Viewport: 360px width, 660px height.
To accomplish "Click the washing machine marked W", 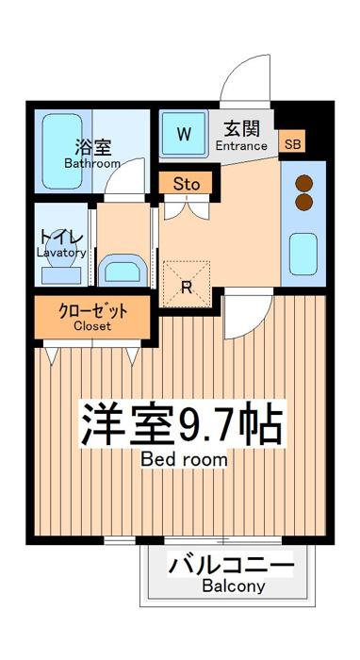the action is [184, 134].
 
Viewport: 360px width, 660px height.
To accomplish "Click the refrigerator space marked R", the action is [187, 284].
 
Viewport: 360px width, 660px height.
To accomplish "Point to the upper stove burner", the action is [303, 184].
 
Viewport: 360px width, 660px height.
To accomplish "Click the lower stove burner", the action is [303, 202].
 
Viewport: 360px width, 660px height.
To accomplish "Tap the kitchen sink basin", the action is [303, 255].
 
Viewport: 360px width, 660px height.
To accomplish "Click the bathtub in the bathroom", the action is [62, 151].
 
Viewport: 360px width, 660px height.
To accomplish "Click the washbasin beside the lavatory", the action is [122, 270].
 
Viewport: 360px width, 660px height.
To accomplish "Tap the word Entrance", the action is [241, 146].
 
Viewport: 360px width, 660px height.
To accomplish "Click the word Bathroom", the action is [92, 163].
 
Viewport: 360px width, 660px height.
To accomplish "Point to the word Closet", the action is [92, 326].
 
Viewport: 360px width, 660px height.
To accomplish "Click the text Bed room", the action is [184, 459].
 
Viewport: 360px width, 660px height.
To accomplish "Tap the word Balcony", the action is [234, 586].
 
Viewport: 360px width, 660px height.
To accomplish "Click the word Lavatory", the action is [61, 253].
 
